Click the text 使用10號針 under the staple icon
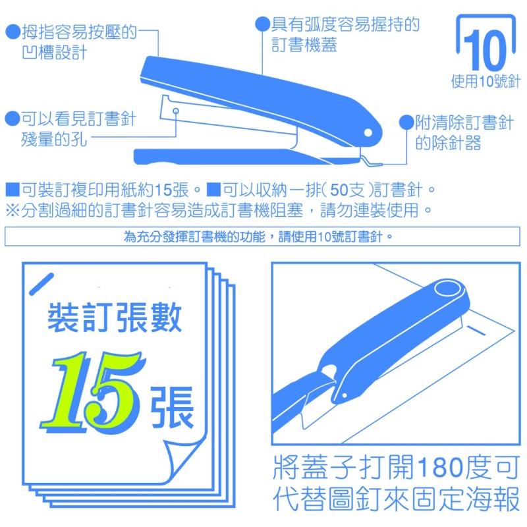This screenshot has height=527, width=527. (x=486, y=82)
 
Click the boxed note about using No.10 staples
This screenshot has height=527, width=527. (x=262, y=236)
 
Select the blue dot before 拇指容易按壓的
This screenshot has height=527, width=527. (x=11, y=31)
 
